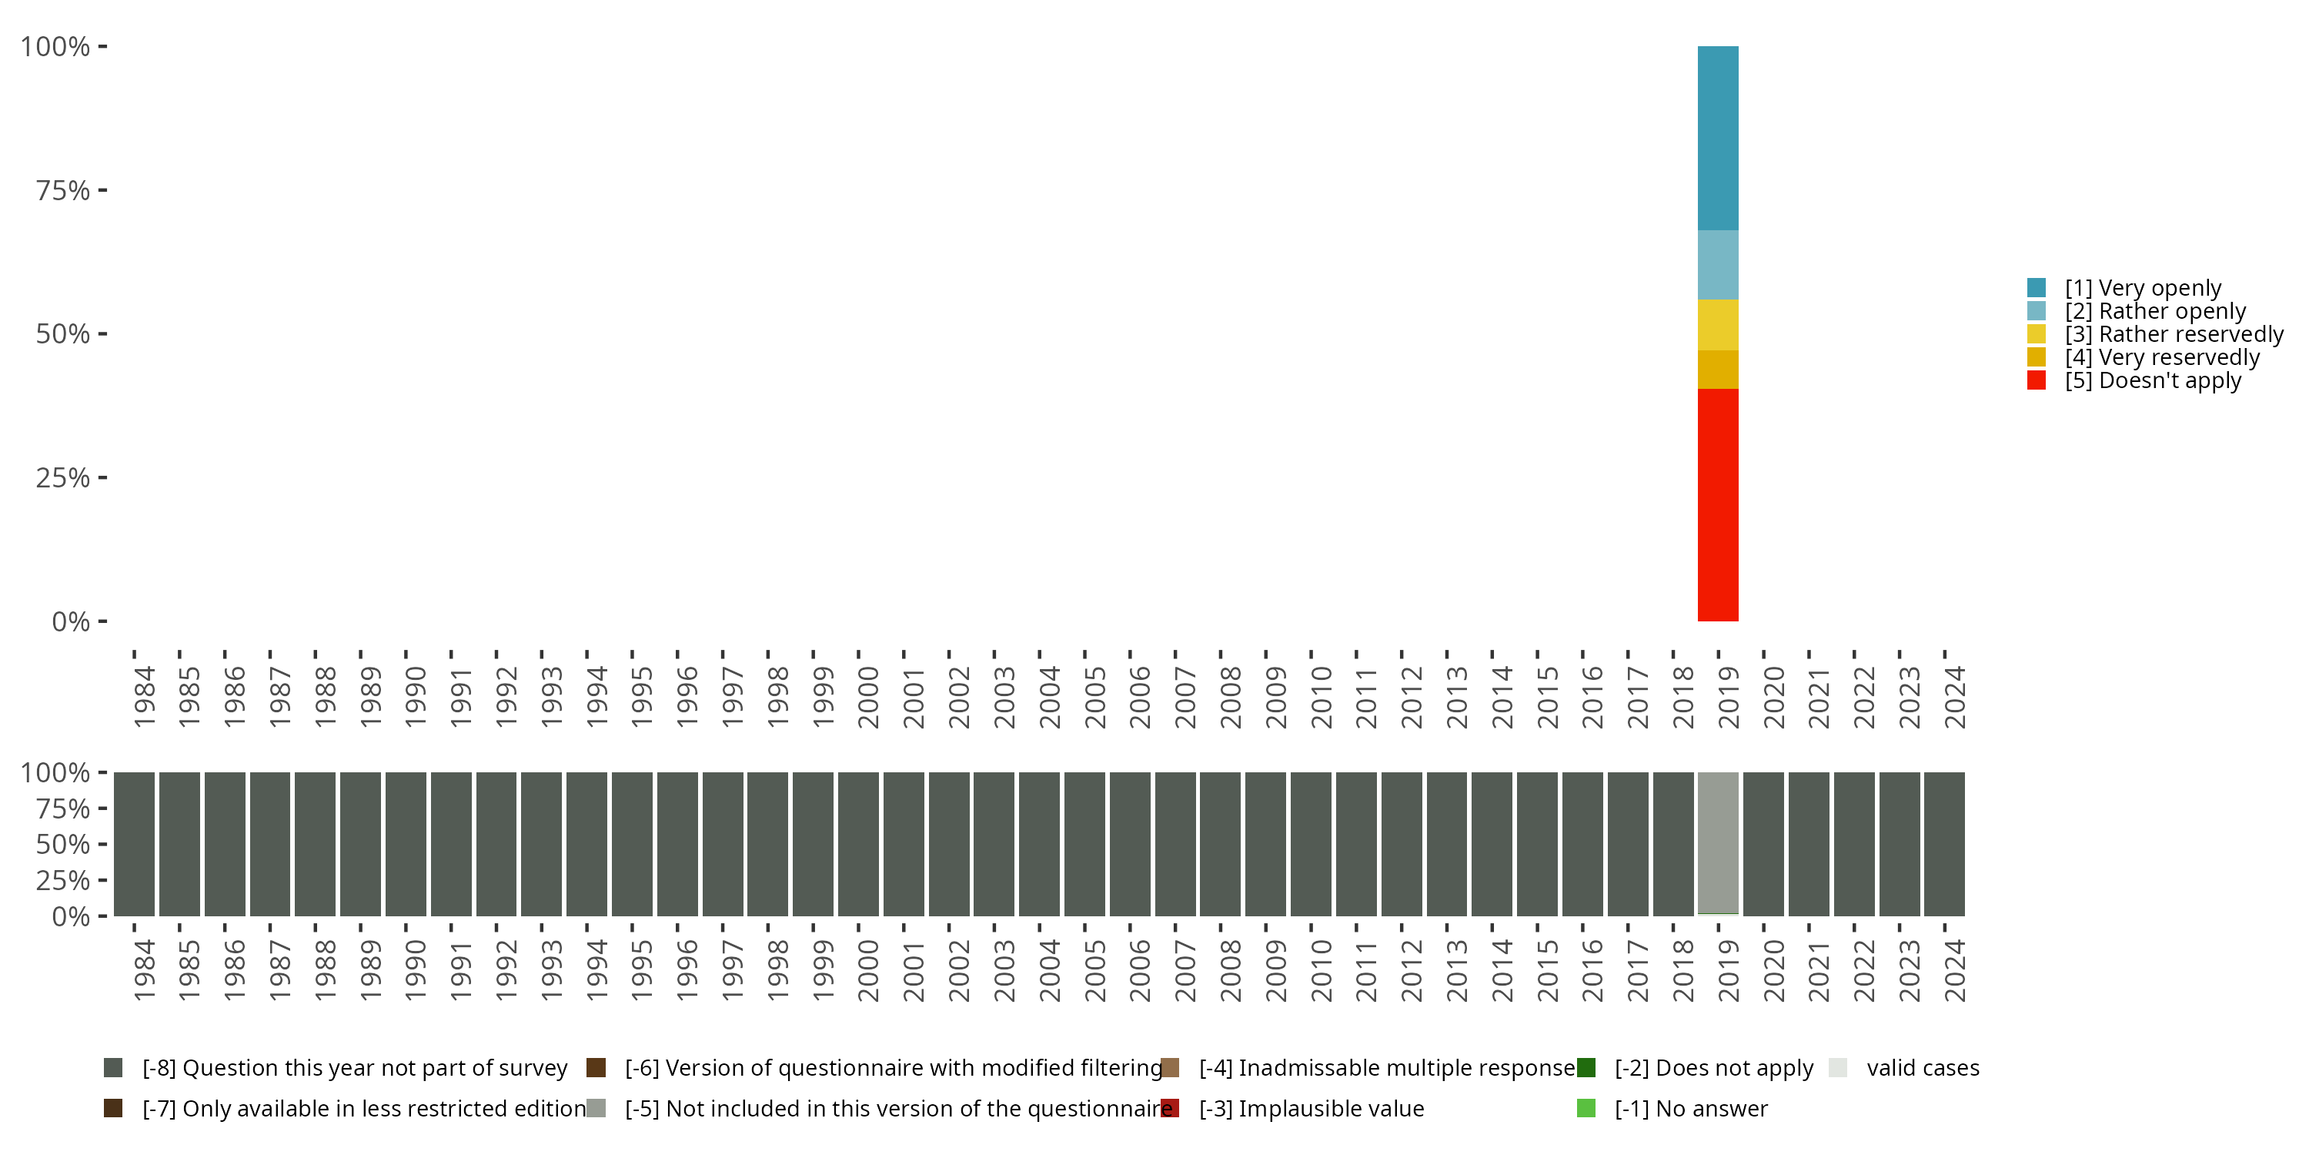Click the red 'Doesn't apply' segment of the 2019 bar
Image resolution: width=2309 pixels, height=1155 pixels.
tap(1717, 504)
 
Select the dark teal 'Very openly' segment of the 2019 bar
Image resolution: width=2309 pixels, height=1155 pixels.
tap(1717, 138)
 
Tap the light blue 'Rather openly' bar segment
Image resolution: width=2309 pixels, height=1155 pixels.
tap(1717, 265)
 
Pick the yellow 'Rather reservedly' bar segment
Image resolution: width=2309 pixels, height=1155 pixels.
tap(1717, 325)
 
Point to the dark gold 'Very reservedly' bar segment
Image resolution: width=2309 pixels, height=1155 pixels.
tap(1717, 370)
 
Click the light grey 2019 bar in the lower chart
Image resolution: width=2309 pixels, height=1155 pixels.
tap(1717, 843)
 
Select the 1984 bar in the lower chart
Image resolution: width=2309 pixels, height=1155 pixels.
tap(135, 843)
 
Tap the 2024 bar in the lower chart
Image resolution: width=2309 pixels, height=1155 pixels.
tap(1944, 843)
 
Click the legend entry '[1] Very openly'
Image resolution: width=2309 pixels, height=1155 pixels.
tap(2142, 288)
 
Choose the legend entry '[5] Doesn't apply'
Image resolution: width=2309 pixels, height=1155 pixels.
tap(2152, 380)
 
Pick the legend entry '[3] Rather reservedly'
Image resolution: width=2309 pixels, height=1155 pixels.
tap(2174, 334)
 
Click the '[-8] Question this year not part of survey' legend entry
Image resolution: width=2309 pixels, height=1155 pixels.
tap(354, 1068)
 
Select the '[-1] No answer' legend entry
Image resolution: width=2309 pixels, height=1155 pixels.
tap(1690, 1108)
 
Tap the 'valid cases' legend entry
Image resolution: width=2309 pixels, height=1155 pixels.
tap(1923, 1068)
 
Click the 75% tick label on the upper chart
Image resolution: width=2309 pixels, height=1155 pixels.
tap(63, 190)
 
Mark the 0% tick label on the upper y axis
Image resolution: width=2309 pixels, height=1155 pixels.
tap(71, 621)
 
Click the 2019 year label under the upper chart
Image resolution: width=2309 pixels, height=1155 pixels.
tap(1728, 697)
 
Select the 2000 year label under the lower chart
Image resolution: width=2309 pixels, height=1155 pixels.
tap(867, 970)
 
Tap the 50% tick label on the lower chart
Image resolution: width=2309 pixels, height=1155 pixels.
tap(63, 844)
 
